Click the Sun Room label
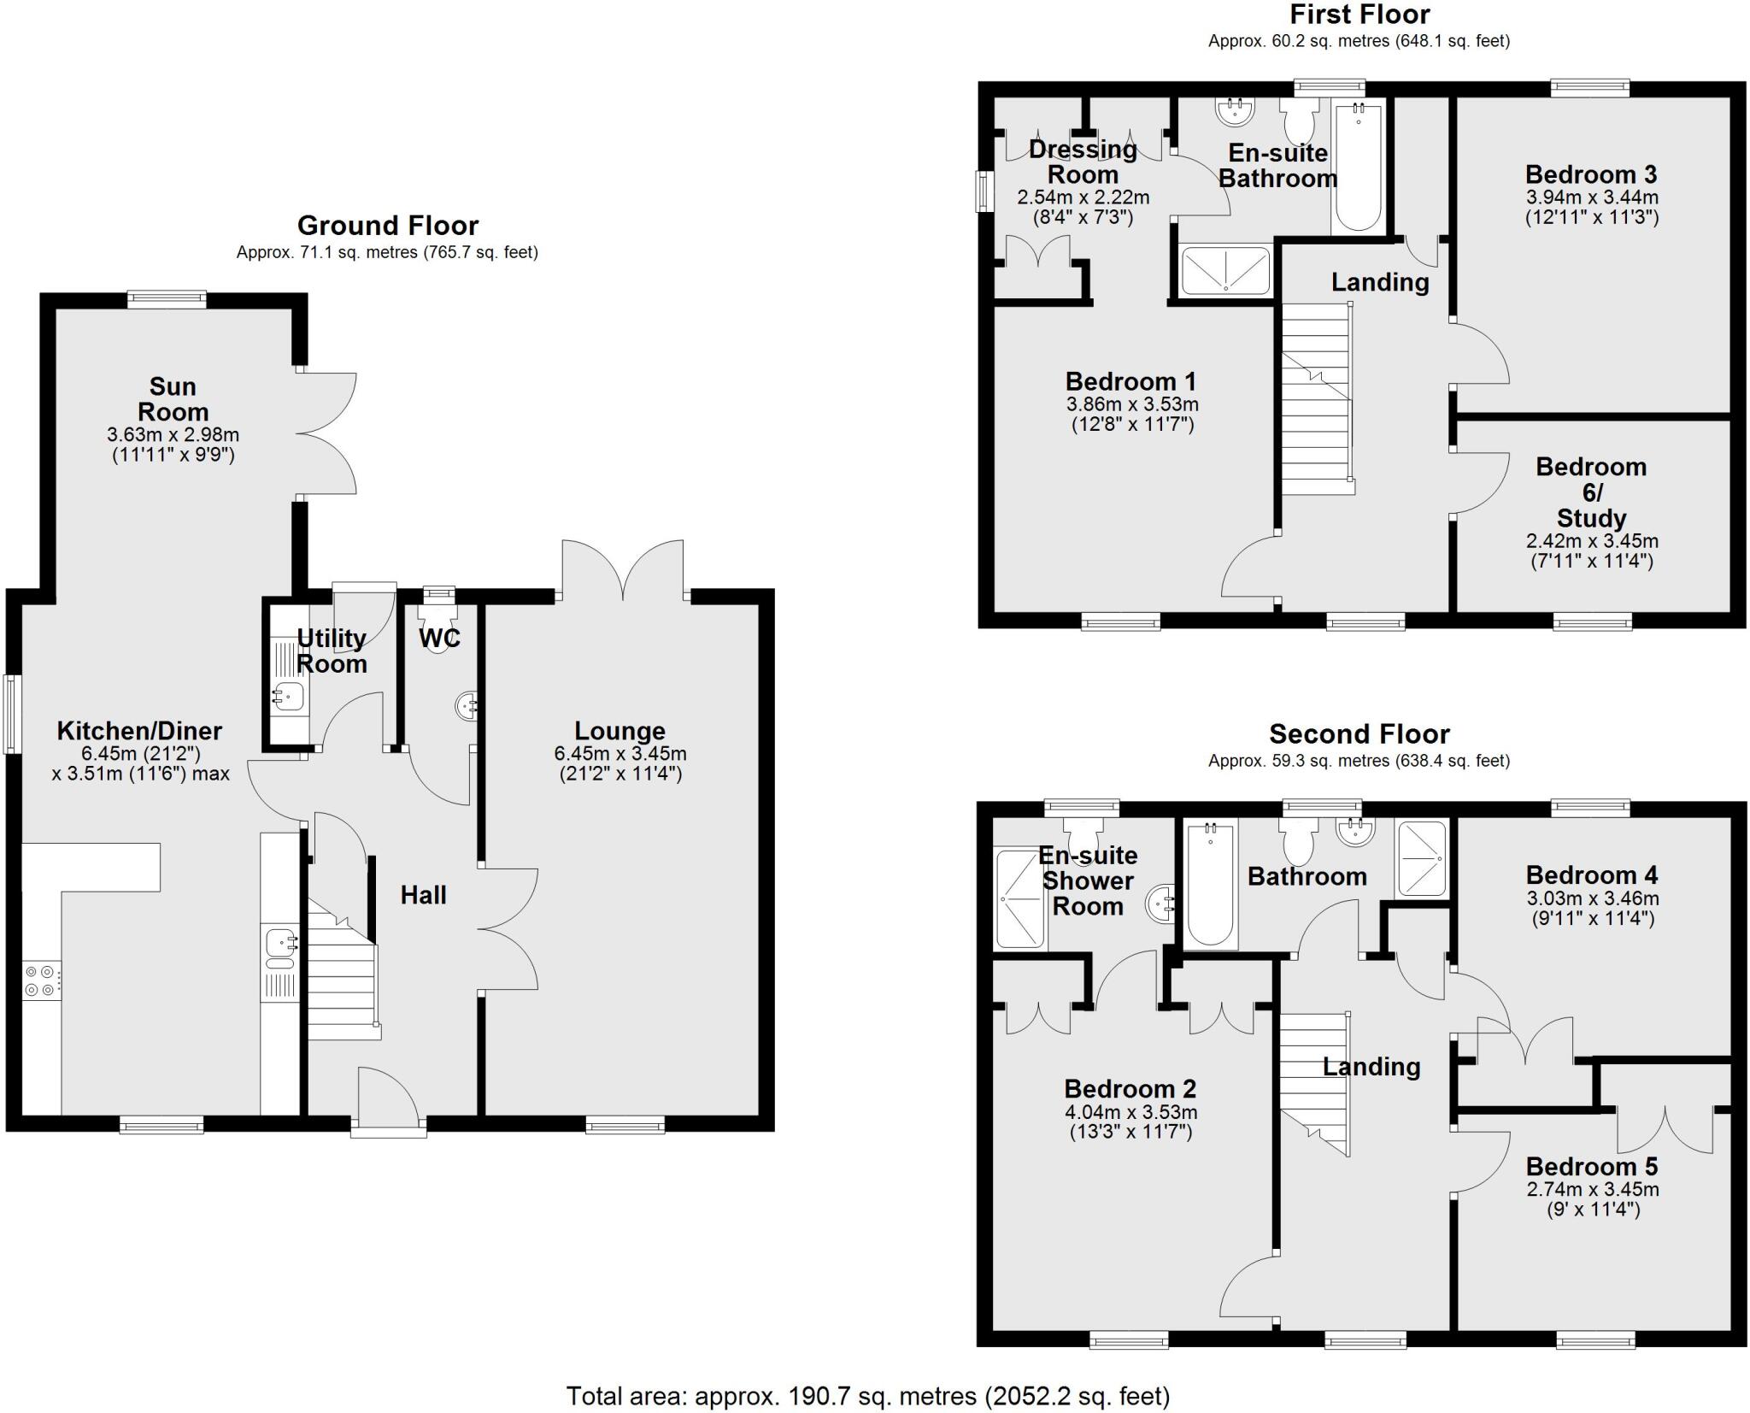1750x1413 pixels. click(173, 399)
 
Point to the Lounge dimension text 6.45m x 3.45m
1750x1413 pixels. click(620, 754)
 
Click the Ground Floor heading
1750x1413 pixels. click(387, 226)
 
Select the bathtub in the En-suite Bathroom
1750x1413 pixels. click(1358, 168)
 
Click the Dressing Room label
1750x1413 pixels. click(1083, 162)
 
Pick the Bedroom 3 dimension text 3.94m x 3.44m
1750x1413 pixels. click(1592, 197)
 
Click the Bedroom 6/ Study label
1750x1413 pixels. click(1591, 492)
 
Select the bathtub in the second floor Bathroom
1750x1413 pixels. click(1210, 884)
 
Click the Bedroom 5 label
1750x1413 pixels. click(1592, 1166)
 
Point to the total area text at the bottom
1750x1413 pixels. click(867, 1396)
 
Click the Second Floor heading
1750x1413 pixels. click(1359, 734)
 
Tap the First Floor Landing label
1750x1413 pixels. click(1380, 282)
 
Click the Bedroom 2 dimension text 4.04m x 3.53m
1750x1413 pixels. click(1130, 1112)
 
